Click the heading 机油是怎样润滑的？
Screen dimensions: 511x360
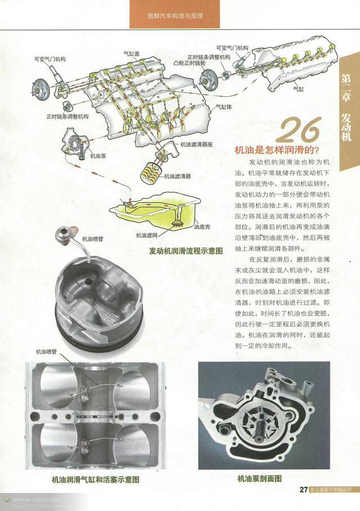pos(276,150)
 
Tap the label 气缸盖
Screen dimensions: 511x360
pos(132,54)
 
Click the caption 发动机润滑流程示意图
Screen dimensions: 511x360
pos(186,250)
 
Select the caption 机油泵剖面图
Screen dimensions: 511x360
pos(259,479)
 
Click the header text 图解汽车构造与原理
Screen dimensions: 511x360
pos(174,17)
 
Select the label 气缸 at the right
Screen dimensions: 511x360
pos(298,89)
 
